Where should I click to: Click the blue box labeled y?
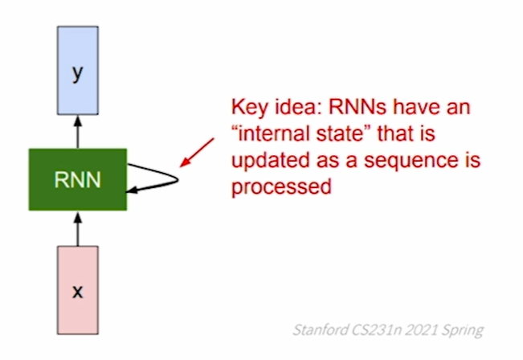pyautogui.click(x=77, y=72)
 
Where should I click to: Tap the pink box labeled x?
pyautogui.click(x=77, y=290)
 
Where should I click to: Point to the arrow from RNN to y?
pyautogui.click(x=77, y=133)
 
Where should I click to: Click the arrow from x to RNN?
pyautogui.click(x=77, y=228)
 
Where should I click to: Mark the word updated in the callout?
pyautogui.click(x=263, y=161)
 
